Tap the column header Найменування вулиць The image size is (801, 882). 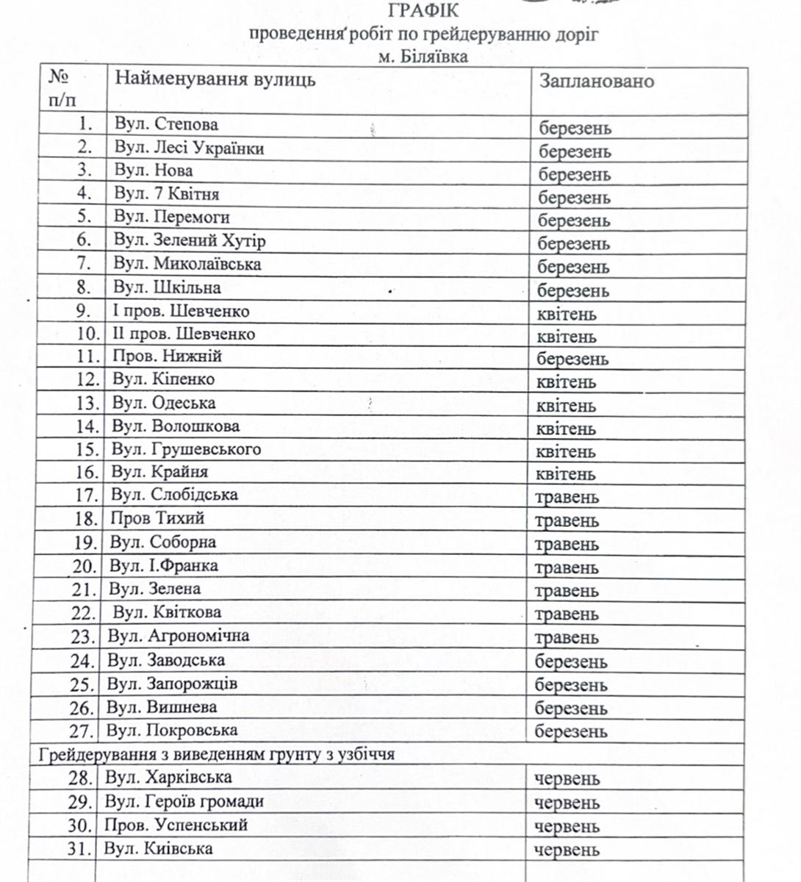(215, 79)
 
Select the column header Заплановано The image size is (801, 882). (596, 80)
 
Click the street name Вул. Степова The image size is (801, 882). (166, 123)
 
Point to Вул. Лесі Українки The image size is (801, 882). (189, 148)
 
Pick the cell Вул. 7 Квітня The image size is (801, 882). (166, 194)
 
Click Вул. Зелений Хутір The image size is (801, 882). (190, 240)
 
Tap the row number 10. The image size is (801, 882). (87, 334)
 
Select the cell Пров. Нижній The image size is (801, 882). (167, 356)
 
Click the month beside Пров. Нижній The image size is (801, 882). (573, 359)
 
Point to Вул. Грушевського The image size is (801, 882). (186, 448)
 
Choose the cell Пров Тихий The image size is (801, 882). (157, 518)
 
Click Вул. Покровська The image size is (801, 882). (172, 730)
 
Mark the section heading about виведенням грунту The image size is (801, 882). (217, 754)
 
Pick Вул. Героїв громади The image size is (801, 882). (184, 801)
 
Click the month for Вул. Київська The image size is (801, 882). (567, 850)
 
